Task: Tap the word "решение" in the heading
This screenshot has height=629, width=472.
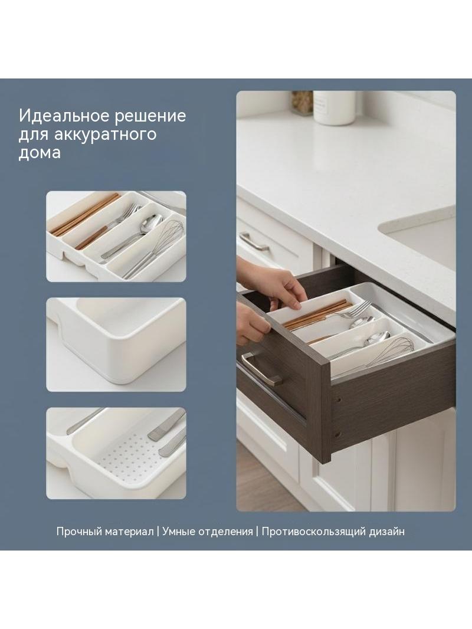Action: point(150,116)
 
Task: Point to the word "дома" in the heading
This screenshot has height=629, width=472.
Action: point(40,153)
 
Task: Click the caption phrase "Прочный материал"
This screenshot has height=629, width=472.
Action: point(105,532)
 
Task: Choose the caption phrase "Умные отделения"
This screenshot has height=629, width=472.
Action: point(208,532)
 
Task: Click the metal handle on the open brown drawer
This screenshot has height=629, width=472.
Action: point(261,369)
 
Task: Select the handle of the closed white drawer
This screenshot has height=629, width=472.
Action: point(254,241)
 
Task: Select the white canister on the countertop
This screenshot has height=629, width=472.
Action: point(334,107)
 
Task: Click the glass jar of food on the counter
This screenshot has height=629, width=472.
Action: point(302,103)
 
